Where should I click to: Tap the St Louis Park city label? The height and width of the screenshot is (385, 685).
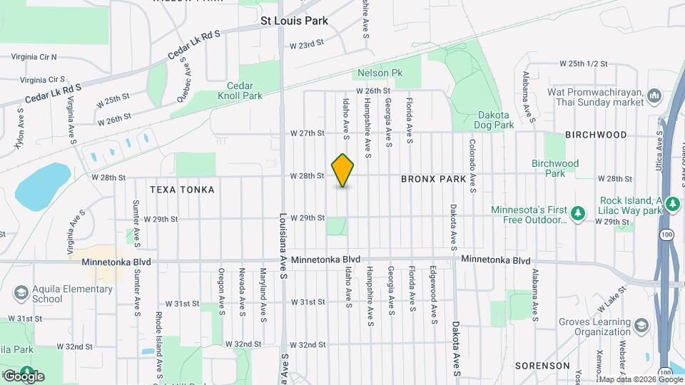click(294, 21)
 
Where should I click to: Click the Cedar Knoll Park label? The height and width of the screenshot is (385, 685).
click(240, 90)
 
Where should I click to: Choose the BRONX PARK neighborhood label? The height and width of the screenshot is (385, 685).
click(433, 179)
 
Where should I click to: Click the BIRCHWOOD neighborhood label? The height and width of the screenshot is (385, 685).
click(596, 135)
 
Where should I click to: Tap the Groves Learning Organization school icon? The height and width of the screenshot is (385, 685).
click(641, 325)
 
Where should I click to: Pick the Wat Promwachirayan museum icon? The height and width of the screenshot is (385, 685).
click(654, 96)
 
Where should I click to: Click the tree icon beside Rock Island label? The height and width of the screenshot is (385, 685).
click(671, 205)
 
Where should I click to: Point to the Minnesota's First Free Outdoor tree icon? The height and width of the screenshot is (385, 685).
click(579, 212)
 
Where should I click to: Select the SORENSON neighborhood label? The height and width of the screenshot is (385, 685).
click(542, 366)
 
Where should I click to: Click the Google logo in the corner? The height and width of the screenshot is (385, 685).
click(24, 376)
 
